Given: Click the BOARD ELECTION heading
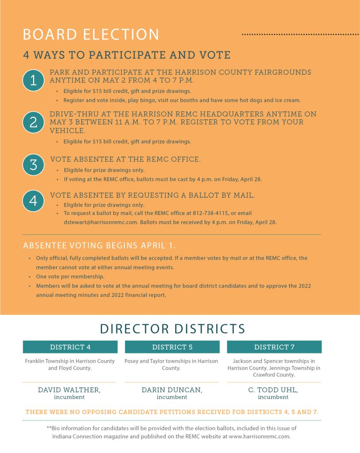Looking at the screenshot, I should [91, 35].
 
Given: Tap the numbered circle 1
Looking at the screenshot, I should [33, 80].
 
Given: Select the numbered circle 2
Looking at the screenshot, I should [33, 122].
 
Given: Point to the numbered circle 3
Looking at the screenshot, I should [33, 165].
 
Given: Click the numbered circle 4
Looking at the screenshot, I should [33, 201].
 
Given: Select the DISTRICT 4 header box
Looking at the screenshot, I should [70, 347].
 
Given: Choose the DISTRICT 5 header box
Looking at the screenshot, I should [172, 347].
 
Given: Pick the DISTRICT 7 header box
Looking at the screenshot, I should [274, 347].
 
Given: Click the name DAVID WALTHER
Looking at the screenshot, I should [69, 390].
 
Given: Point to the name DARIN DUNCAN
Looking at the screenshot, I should [172, 390].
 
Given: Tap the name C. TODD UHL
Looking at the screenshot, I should [273, 390].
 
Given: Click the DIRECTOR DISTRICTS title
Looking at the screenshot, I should [172, 329].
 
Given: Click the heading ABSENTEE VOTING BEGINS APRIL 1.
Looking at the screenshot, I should [100, 246].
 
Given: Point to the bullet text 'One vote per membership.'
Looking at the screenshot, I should [70, 276].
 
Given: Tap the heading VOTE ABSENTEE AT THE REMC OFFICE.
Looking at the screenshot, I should [126, 159].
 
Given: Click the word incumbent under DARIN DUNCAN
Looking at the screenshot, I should [172, 397].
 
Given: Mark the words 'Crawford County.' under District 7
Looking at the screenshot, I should [274, 375].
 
